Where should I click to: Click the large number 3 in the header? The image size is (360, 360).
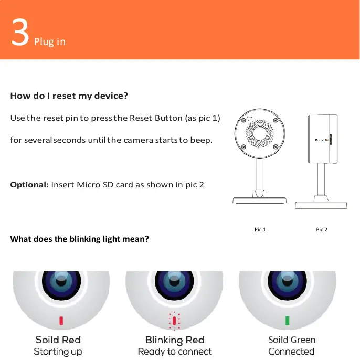[19, 34]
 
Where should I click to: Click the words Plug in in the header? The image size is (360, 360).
[50, 41]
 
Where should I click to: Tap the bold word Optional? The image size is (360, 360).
[29, 185]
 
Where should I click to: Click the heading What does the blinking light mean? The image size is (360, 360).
[80, 239]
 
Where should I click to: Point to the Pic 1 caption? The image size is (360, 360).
[260, 230]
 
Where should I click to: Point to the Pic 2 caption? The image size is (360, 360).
[322, 230]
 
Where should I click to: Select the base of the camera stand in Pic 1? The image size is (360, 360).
[260, 200]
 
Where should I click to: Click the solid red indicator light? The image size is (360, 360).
[61, 320]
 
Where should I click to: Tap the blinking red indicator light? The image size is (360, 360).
[174, 320]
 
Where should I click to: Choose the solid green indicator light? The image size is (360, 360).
[287, 320]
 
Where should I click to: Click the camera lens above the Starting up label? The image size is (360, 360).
[61, 286]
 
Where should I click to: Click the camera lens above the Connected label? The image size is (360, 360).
[287, 286]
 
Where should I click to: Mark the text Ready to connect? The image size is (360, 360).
[174, 352]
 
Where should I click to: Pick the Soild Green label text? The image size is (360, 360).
[292, 340]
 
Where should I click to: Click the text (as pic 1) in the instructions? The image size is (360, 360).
[202, 118]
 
